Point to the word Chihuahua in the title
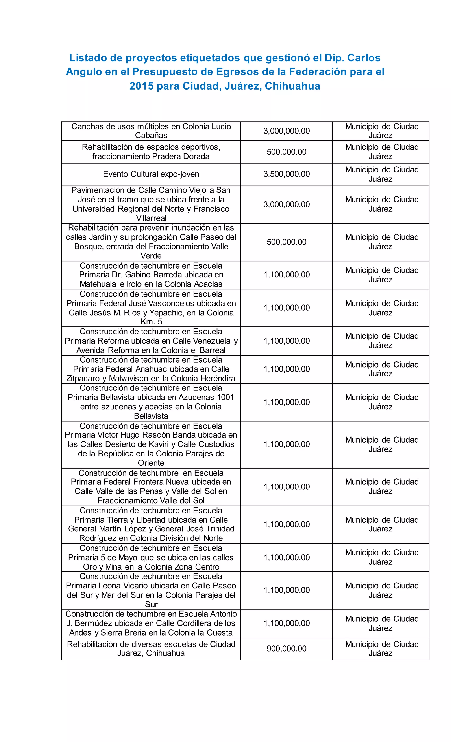click(x=292, y=86)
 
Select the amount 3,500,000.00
click(x=286, y=174)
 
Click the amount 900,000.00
click(x=286, y=648)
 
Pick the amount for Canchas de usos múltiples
click(x=286, y=131)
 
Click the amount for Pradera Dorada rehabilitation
click(x=286, y=152)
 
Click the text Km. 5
click(x=151, y=321)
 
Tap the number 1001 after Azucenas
click(x=225, y=397)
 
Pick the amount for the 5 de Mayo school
click(x=286, y=557)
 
